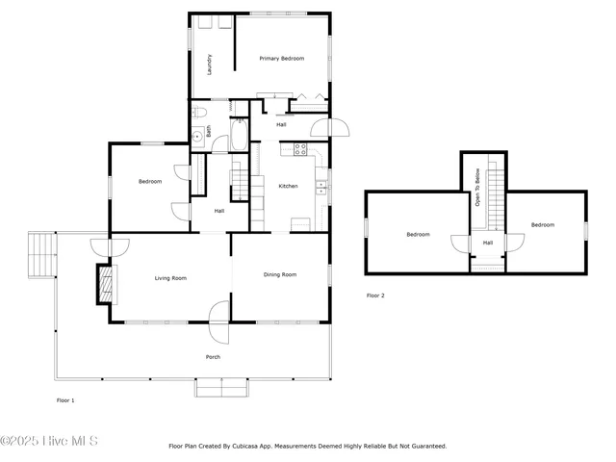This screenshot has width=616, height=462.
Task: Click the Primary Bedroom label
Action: coord(281,59)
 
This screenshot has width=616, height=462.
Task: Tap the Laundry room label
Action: coord(210,64)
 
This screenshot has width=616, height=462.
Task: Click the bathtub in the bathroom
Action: coord(240,135)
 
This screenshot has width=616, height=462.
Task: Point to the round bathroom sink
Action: coord(197,134)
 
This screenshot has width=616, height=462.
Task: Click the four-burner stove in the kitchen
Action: coord(299,149)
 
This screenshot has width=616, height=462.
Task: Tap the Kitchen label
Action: coord(288,185)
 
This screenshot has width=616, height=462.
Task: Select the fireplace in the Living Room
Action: coord(105,284)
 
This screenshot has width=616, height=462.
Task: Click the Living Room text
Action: coord(170,278)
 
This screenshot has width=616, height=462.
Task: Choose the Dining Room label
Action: coord(280,274)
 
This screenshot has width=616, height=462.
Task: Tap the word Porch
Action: coord(213,357)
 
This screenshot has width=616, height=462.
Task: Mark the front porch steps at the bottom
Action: coord(221,388)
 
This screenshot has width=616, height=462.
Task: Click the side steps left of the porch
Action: coord(42,253)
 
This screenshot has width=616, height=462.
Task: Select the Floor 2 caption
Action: coord(375,295)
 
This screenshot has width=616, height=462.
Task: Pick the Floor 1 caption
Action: coord(65,399)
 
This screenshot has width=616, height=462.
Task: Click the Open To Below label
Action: coord(476,189)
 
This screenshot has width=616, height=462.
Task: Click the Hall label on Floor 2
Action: coord(488,243)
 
